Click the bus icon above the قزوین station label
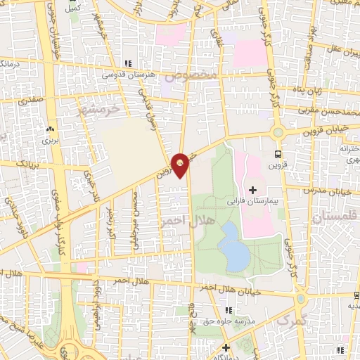[x=278, y=155]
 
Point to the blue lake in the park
[x=233, y=247]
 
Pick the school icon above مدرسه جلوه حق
[x=229, y=310]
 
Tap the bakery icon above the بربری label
[x=49, y=130]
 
